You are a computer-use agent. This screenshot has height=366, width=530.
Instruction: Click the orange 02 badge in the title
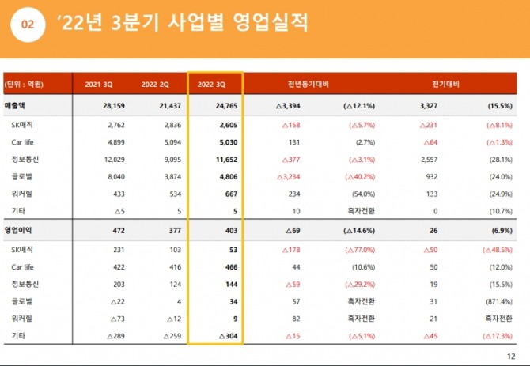[x=27, y=25]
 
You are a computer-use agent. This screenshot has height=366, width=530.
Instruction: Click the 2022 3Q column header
[x=216, y=85]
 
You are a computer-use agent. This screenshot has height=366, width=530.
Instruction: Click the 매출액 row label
[x=17, y=105]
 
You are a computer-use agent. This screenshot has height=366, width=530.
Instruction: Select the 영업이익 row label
[x=21, y=230]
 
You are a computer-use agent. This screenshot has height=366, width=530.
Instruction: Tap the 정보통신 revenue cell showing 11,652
[x=224, y=160]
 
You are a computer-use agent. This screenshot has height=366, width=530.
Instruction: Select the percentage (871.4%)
[x=497, y=300]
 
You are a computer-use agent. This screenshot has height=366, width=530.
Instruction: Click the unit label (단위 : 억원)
[x=24, y=85]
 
